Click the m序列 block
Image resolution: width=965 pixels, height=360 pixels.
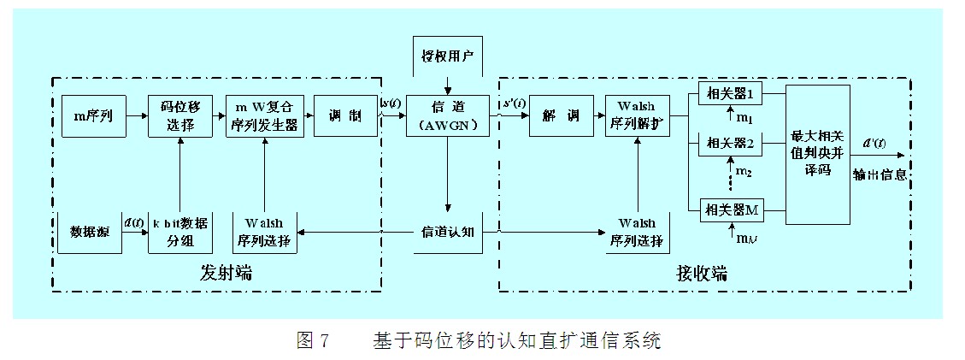pyautogui.click(x=93, y=116)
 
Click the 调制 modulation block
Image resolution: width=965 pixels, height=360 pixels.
pyautogui.click(x=345, y=116)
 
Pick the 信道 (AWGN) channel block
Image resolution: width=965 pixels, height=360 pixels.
pyautogui.click(x=447, y=116)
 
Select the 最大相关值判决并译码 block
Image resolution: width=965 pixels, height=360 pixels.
pyautogui.click(x=817, y=154)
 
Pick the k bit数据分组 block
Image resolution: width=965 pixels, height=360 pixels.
pyautogui.click(x=179, y=232)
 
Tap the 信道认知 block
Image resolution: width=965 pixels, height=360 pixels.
pyautogui.click(x=448, y=232)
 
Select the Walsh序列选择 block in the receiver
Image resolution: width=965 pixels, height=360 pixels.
pyautogui.click(x=638, y=232)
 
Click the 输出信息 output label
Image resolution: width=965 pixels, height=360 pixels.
pyautogui.click(x=879, y=174)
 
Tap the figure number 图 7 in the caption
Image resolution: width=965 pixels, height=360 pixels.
pyautogui.click(x=312, y=340)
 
